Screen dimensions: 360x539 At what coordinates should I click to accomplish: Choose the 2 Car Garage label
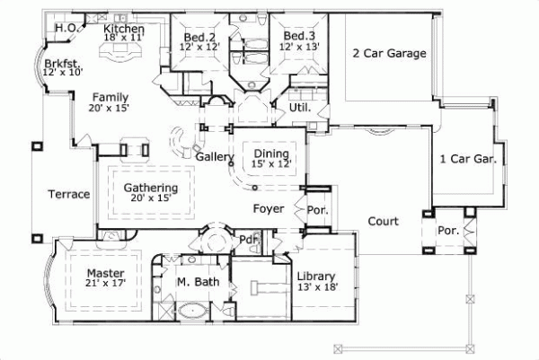pos(388,53)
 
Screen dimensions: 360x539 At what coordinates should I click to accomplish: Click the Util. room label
pos(299,107)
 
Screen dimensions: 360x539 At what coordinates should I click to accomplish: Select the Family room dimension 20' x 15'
pos(110,108)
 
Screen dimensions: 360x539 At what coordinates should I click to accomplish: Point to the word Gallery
pos(216,158)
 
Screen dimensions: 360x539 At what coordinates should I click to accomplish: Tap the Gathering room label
pos(150,188)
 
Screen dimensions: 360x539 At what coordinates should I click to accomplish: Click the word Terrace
pos(69,194)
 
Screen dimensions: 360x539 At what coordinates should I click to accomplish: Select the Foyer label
pos(268,209)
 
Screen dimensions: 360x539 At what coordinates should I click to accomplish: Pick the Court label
pos(383,221)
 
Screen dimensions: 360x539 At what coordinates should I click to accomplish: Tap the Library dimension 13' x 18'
pos(316,287)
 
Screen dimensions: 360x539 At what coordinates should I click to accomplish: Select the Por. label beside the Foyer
pos(318,212)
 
